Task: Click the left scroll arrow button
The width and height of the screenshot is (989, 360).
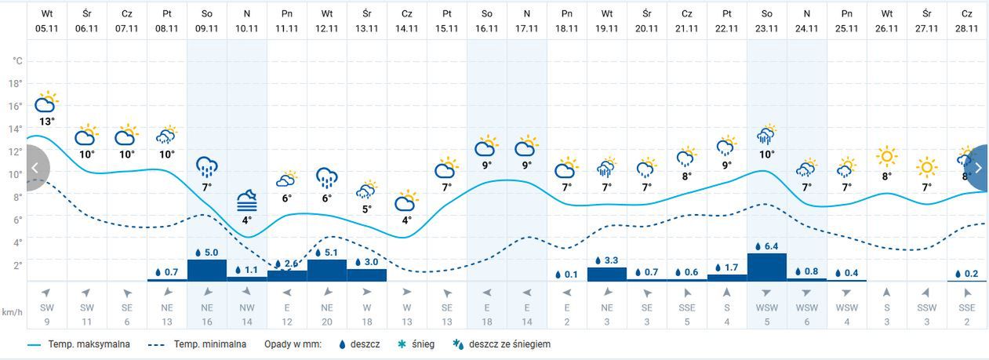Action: (x=35, y=168)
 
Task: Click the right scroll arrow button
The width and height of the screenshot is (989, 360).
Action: (x=977, y=168)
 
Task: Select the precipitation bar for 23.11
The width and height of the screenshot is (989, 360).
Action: (x=767, y=267)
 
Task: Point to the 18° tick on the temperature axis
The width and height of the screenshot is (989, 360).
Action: (x=16, y=83)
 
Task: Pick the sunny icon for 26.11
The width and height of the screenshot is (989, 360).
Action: (x=887, y=156)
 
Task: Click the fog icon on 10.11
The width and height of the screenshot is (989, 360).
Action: (x=246, y=201)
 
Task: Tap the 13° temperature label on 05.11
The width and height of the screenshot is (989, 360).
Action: (x=47, y=122)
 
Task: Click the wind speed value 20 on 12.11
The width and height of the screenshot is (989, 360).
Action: (x=327, y=321)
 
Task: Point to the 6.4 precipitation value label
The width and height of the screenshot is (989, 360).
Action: (x=767, y=246)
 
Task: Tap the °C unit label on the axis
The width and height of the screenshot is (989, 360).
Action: (x=17, y=60)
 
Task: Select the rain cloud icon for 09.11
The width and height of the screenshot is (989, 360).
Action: (x=207, y=167)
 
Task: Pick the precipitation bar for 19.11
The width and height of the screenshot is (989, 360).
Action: (x=607, y=274)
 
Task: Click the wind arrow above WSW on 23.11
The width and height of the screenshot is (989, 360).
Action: (x=767, y=293)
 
